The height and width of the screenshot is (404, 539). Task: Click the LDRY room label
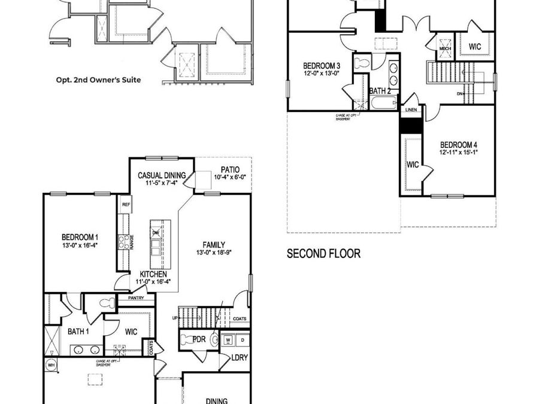[x=240, y=358]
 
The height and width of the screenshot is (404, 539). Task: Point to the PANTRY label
[x=137, y=297]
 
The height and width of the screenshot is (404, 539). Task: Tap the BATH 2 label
[x=380, y=91]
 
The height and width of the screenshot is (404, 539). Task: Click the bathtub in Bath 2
[x=382, y=104]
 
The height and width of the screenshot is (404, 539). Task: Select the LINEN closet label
[x=411, y=110]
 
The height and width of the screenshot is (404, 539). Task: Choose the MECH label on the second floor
[x=445, y=49]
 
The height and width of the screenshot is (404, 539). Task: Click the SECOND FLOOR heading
[x=323, y=254]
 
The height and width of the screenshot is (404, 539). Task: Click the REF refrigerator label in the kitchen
[x=126, y=205]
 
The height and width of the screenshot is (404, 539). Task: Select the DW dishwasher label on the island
[x=156, y=233]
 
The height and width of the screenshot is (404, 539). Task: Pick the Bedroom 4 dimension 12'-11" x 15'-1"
[x=458, y=153]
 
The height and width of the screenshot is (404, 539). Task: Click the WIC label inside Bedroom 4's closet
[x=412, y=165]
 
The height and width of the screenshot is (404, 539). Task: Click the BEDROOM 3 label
[x=322, y=65]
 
